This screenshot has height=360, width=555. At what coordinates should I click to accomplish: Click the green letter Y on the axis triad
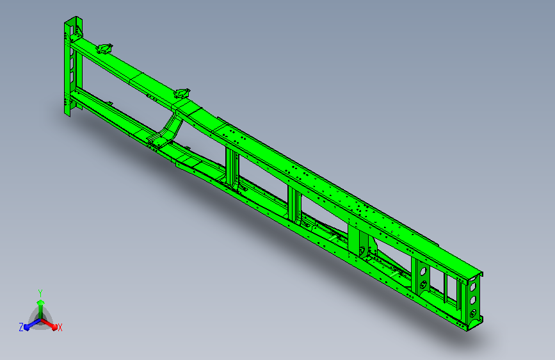40,293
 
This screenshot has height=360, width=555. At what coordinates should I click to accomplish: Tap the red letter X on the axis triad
60,328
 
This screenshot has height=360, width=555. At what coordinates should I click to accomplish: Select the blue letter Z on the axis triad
21,327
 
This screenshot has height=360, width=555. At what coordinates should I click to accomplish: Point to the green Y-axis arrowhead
41,302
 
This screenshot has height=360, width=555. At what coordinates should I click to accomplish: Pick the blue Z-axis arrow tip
26,327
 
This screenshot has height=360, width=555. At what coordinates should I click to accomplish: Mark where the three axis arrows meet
40,320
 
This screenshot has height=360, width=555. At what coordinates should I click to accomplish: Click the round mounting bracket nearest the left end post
105,49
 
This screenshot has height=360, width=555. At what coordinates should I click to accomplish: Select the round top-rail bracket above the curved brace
182,94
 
